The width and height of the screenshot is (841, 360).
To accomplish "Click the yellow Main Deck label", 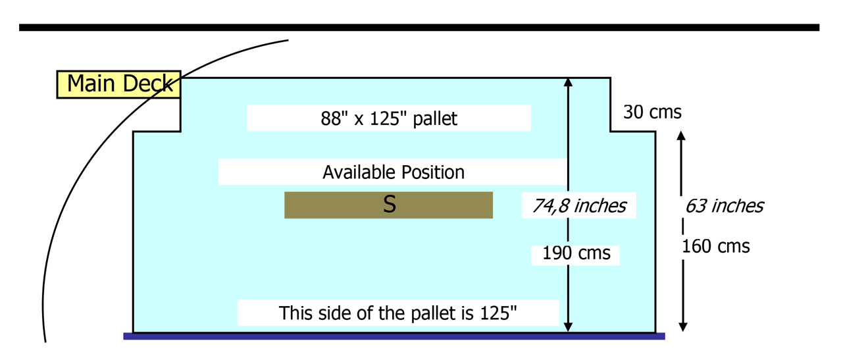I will pyautogui.click(x=118, y=84).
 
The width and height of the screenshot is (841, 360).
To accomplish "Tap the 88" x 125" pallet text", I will pyautogui.click(x=389, y=118).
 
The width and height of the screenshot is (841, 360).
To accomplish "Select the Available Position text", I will pyautogui.click(x=393, y=172).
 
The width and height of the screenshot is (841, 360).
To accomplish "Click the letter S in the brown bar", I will pyautogui.click(x=389, y=205).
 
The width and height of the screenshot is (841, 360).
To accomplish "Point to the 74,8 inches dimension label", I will pyautogui.click(x=579, y=206).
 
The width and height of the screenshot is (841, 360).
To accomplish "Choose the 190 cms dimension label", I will pyautogui.click(x=576, y=253).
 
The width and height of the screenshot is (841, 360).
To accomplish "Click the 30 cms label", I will pyautogui.click(x=652, y=113).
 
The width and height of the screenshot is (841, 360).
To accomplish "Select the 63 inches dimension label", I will pyautogui.click(x=724, y=206).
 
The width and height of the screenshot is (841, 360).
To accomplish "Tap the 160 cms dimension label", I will pyautogui.click(x=715, y=247).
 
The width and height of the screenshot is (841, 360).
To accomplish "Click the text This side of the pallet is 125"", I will pyautogui.click(x=397, y=313).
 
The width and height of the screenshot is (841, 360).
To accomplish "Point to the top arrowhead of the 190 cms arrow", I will pyautogui.click(x=569, y=82).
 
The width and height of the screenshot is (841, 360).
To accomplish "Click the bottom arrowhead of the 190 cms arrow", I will pyautogui.click(x=569, y=328).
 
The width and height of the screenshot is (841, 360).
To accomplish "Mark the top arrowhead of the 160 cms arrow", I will pyautogui.click(x=682, y=136).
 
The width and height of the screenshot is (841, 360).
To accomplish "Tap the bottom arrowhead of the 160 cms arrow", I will pyautogui.click(x=682, y=327).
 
